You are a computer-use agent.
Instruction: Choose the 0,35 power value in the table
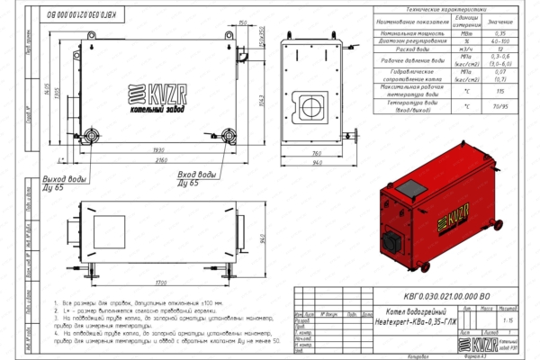(x=500, y=32)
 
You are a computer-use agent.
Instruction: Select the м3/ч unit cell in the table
(x=465, y=49)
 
